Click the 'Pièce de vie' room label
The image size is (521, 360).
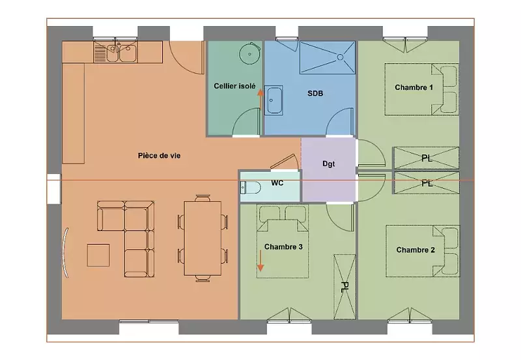pos(159,156)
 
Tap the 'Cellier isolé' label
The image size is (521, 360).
pos(234,86)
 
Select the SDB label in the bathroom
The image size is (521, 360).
pos(315,93)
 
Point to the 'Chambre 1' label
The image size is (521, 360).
pos(414,87)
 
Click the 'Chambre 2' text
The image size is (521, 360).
pos(415,250)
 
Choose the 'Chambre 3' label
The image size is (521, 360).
pos(283,247)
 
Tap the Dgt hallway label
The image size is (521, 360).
pos(329,164)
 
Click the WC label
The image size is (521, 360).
pos(277,183)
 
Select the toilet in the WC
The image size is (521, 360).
pos(249,187)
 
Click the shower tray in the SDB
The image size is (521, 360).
pos(328,57)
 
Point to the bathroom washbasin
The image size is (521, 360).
pos(274,100)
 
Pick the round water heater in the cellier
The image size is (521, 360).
pos(249,54)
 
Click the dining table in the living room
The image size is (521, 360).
pos(203,238)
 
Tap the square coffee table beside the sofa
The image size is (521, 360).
pos(98,255)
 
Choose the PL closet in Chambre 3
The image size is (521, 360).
pos(345,287)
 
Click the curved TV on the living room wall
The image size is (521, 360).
pos(66,253)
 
